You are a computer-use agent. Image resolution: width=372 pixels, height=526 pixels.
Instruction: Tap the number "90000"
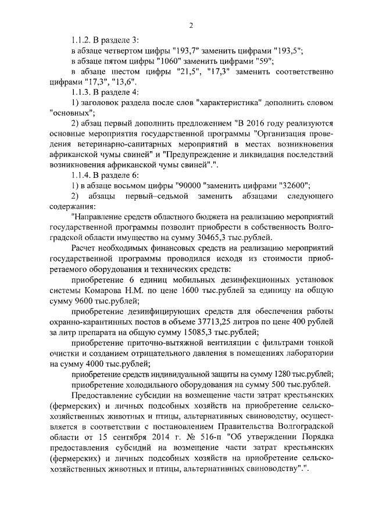tap(189, 186)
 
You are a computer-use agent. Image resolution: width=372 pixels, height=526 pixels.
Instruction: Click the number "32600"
tap(294, 186)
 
